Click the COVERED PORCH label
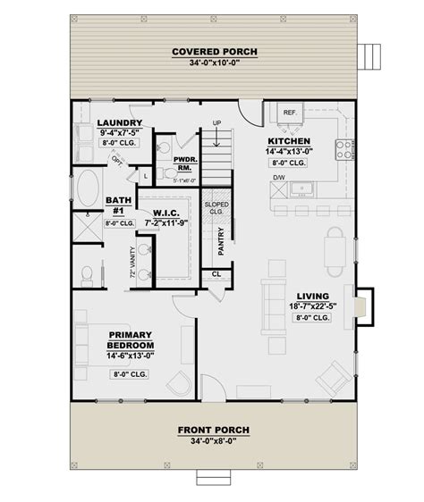pos(214,53)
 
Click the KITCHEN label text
pos(289,141)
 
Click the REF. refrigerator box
pos(290,113)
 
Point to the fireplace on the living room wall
pos(360,305)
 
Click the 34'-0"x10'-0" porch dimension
pos(214,64)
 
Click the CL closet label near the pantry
pos(217,274)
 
